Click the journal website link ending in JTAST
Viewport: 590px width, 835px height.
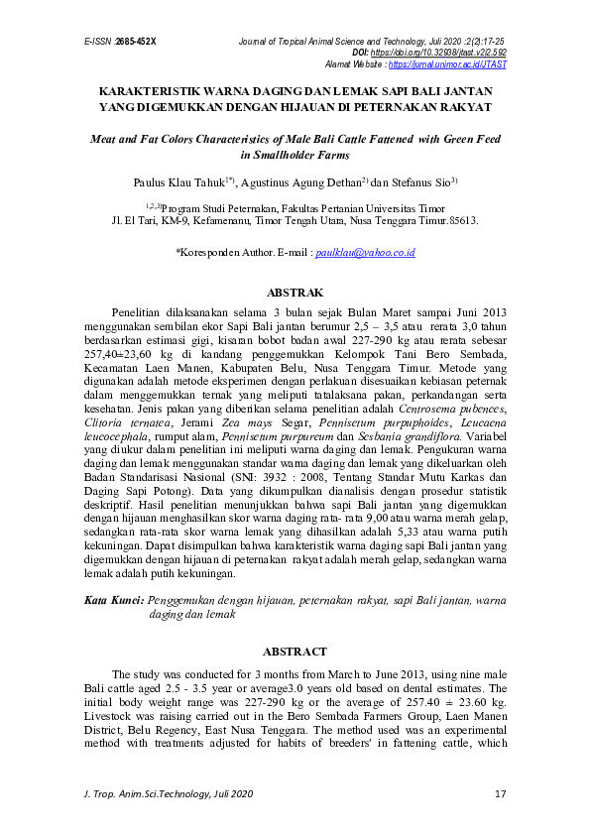pyautogui.click(x=448, y=63)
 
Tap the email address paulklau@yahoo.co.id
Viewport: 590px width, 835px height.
pyautogui.click(x=365, y=253)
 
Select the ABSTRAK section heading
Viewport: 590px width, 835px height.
pyautogui.click(x=295, y=294)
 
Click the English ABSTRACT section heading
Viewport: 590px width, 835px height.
pyautogui.click(x=295, y=652)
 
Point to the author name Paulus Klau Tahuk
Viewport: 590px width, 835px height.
pyautogui.click(x=179, y=183)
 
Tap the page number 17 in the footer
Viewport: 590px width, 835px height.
pyautogui.click(x=500, y=794)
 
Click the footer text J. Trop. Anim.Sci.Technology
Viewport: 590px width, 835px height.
pyautogui.click(x=149, y=794)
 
